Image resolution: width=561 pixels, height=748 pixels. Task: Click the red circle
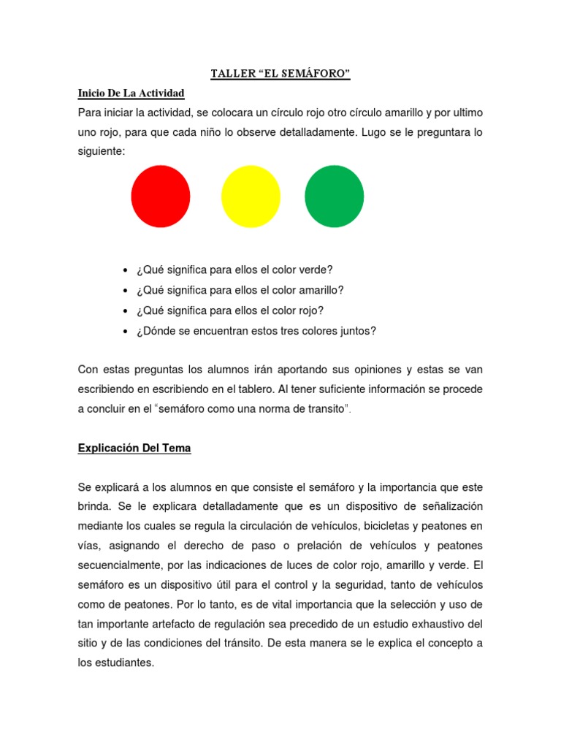[161, 196]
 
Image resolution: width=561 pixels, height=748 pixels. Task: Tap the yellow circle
[251, 196]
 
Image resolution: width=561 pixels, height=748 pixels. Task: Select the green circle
[334, 196]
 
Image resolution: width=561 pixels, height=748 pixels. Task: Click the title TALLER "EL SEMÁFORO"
[280, 75]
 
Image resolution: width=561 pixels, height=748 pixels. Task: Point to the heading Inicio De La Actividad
[131, 93]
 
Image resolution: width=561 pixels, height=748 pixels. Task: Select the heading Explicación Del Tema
[134, 449]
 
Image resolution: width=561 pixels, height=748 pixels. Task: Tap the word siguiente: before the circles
[102, 153]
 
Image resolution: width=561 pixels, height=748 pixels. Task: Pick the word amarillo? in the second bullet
[320, 290]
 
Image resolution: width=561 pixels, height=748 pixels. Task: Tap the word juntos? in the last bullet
[357, 331]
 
